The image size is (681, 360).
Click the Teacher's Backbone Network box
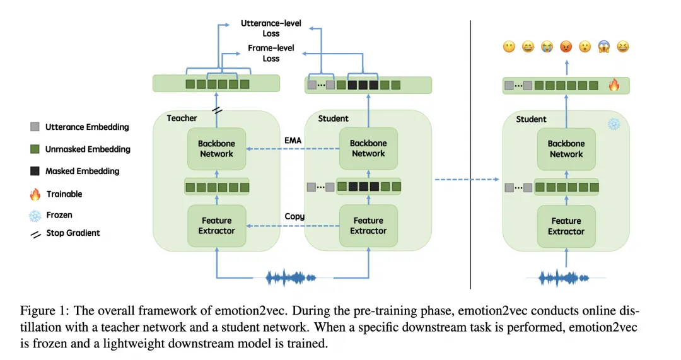[x=216, y=149]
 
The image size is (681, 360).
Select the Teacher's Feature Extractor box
[x=216, y=225]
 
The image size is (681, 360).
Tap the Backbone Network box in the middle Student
[x=368, y=149]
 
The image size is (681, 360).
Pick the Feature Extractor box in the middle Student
[x=368, y=225]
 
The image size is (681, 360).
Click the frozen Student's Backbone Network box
[x=566, y=149]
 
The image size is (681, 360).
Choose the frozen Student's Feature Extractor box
[x=566, y=226]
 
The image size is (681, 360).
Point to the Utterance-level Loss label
[x=271, y=28]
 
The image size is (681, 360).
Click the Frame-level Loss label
[x=271, y=53]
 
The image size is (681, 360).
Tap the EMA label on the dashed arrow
[x=293, y=140]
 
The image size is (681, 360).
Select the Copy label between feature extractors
[x=294, y=216]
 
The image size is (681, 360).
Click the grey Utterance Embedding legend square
[x=35, y=127]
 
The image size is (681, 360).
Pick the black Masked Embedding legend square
[x=35, y=171]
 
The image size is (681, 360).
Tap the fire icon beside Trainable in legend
[x=35, y=194]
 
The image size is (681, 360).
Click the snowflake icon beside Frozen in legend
[x=35, y=216]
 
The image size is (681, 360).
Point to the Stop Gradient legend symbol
[x=35, y=233]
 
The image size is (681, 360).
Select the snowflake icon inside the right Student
[x=614, y=124]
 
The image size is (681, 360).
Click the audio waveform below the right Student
[x=566, y=277]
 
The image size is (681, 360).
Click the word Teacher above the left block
[x=182, y=118]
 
